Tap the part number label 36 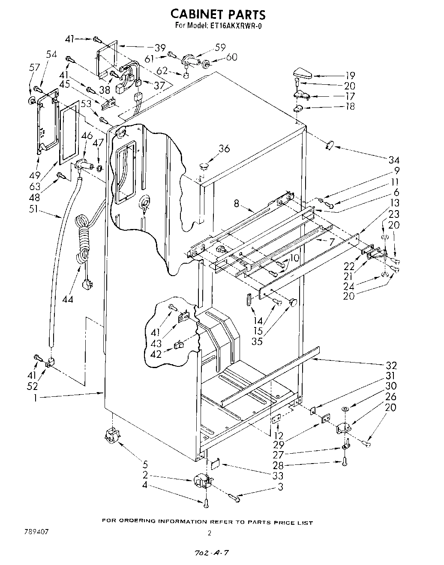point(224,149)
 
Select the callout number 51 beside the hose point(42,209)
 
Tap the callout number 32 point(391,365)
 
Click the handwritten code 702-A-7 point(210,553)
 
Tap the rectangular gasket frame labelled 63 point(69,132)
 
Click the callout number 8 point(237,204)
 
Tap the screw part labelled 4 point(206,503)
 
